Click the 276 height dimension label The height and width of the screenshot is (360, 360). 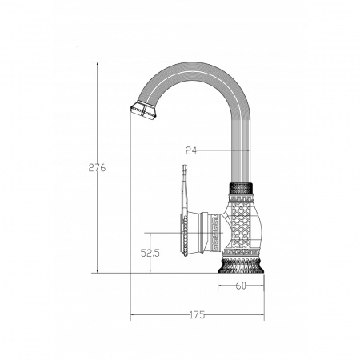(97, 167)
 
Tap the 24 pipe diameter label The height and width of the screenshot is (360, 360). (191, 150)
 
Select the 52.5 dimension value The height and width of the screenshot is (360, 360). (150, 253)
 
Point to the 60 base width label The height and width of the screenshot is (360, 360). (241, 286)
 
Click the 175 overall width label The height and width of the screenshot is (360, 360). (198, 315)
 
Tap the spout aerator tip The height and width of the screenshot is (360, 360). (144, 111)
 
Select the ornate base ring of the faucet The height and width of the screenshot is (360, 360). (241, 266)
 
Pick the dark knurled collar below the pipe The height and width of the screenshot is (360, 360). (241, 189)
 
